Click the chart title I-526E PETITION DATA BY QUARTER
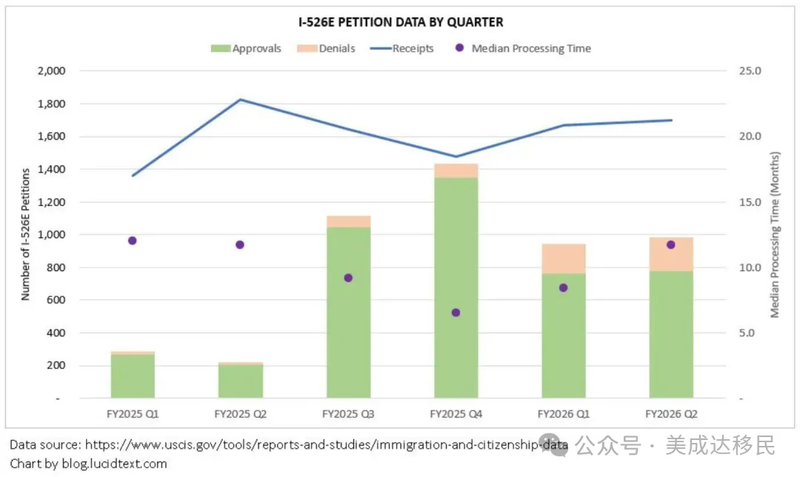(401, 22)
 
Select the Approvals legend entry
(246, 48)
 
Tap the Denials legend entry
(326, 48)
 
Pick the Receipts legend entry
(402, 48)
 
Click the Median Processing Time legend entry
(523, 48)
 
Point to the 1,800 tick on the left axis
(52, 104)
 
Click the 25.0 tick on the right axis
(750, 71)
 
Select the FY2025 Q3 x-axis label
(348, 414)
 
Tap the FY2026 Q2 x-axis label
(671, 414)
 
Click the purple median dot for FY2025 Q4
(456, 313)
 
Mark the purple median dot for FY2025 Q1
(133, 241)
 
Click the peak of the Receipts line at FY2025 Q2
(240, 99)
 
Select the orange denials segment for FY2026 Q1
(563, 259)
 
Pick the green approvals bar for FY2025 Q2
(240, 381)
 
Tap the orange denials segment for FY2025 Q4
(456, 171)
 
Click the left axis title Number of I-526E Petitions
(25, 235)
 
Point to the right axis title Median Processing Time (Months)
(775, 235)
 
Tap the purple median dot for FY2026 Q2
(671, 245)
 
